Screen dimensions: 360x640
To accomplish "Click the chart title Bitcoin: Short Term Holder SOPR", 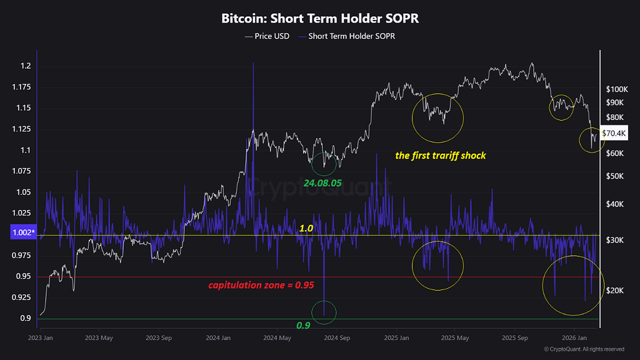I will pos(319,18).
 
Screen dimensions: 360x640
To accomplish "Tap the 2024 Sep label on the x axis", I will pos(336,338).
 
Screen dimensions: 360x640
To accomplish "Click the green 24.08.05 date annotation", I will pos(322,184).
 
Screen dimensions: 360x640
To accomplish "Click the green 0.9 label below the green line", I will pos(304,326).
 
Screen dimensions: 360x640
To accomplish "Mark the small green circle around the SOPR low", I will pos(324,312).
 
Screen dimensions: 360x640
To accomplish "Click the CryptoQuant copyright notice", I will pos(584,349).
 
